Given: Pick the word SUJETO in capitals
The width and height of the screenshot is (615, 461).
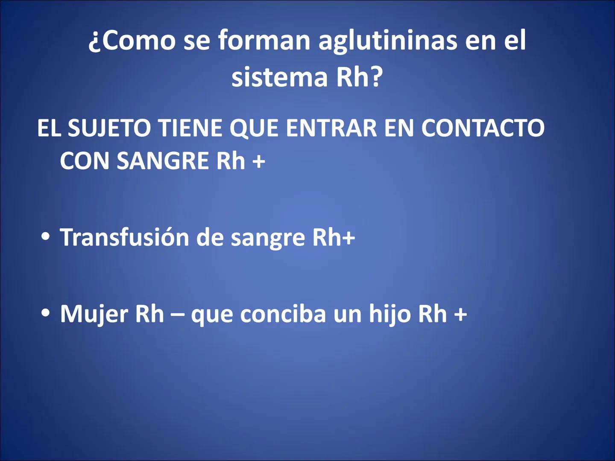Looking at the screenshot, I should [x=109, y=128].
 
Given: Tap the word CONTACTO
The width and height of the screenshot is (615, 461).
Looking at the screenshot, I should [x=483, y=128].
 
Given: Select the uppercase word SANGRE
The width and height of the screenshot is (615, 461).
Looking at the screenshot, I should [x=163, y=161].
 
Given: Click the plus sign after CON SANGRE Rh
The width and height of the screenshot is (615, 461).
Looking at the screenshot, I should [x=258, y=162].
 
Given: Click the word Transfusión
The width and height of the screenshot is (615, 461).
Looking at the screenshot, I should [x=125, y=237].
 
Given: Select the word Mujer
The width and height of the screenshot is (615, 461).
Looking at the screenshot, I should [x=94, y=314].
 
